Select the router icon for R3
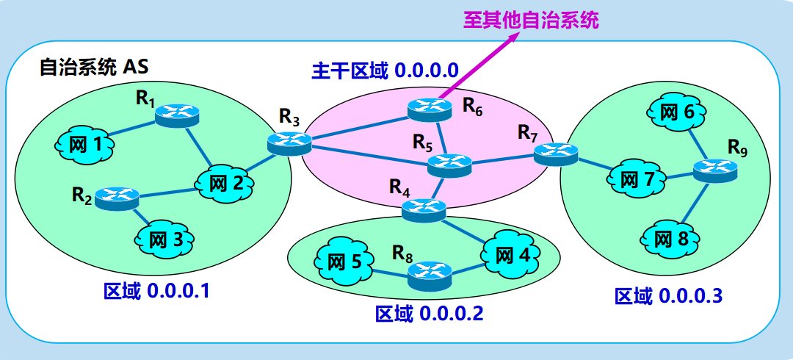(284, 142)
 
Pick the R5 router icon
(448, 163)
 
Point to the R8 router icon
(429, 273)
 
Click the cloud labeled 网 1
(84, 145)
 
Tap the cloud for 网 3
(164, 238)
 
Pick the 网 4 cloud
(512, 254)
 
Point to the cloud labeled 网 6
(676, 112)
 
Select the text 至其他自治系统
(530, 20)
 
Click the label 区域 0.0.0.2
(429, 314)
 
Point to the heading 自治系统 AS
(93, 68)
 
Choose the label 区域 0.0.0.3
(668, 296)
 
